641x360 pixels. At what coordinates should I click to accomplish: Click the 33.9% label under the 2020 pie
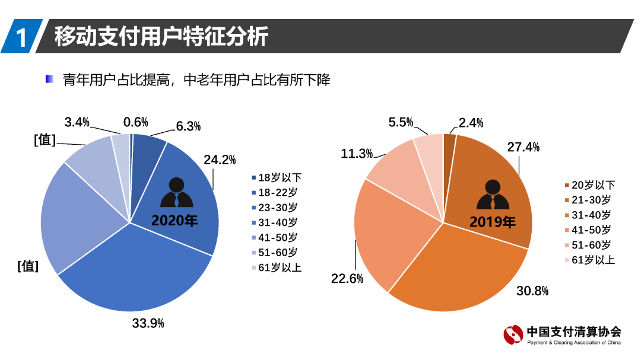[148, 323]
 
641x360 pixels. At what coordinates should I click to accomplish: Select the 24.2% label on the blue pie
[220, 160]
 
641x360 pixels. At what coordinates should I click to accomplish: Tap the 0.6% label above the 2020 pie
[135, 122]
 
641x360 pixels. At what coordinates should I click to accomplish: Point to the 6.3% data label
[188, 126]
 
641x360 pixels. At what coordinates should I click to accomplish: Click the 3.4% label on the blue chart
[77, 122]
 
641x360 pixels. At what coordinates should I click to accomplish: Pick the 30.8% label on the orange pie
[532, 291]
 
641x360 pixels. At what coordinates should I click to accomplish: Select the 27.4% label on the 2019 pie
[523, 147]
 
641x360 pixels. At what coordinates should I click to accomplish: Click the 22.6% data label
[347, 278]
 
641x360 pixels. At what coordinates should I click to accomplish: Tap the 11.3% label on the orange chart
[357, 154]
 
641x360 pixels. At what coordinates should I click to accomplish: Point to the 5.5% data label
[401, 122]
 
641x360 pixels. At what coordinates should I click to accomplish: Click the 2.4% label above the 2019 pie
[471, 123]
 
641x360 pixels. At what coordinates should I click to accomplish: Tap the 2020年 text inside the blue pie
[174, 221]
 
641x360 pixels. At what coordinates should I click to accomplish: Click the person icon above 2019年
[493, 195]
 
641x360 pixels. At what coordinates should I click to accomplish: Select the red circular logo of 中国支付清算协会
[513, 334]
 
